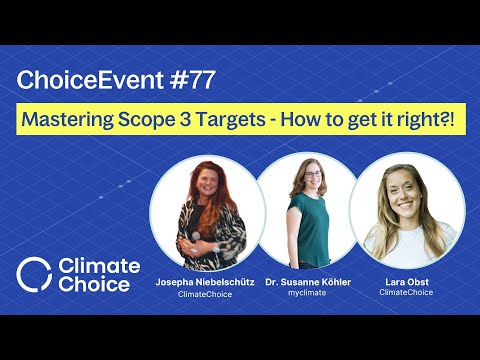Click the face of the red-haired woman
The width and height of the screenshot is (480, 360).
(203, 184)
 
